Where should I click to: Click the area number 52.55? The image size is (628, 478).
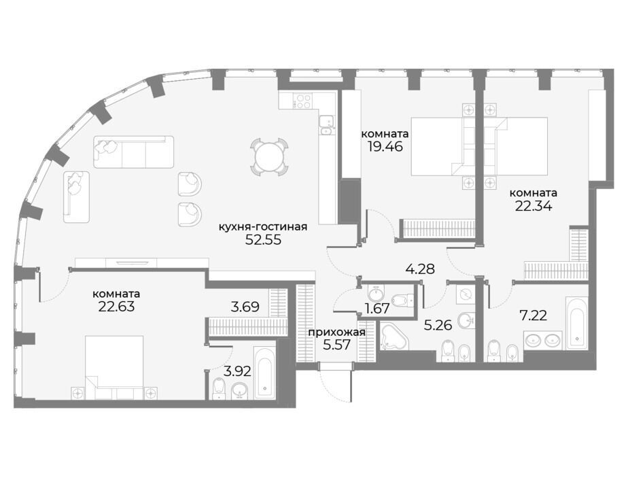(263, 239)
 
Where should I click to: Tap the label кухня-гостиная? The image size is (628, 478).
(263, 227)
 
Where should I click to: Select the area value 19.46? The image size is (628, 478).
(385, 146)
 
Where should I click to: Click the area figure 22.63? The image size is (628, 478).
(116, 307)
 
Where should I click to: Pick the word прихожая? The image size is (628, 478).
(336, 332)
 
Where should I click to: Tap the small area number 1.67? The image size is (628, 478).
(376, 309)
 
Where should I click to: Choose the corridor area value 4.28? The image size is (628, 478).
(420, 269)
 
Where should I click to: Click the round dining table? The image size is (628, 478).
(269, 156)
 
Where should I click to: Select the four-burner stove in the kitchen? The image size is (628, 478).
(302, 101)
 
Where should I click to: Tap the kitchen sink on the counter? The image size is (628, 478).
(326, 124)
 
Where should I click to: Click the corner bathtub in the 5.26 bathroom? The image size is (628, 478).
(394, 336)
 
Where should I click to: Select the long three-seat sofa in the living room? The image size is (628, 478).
(134, 152)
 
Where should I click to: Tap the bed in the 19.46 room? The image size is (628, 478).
(443, 146)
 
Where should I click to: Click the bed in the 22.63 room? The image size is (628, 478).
(115, 367)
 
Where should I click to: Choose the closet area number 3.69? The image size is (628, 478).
(245, 307)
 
